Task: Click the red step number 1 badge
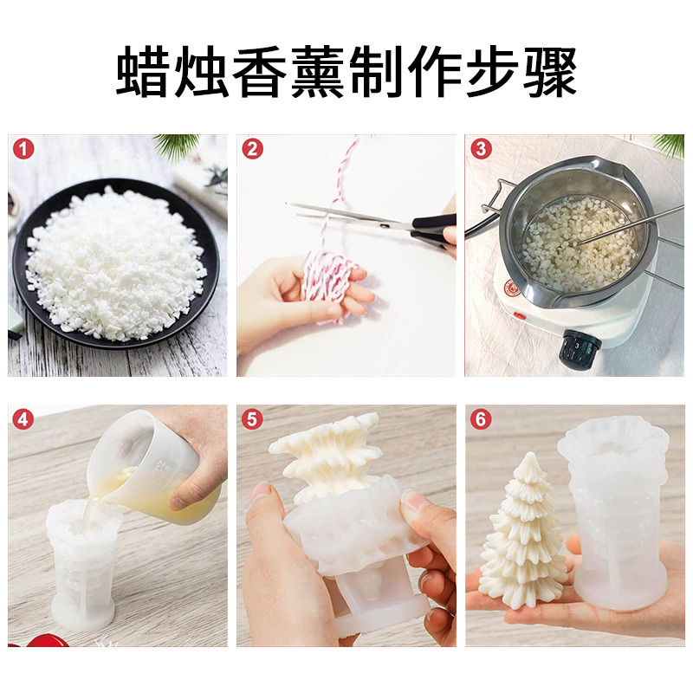pos(24,149)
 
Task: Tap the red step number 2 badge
pos(253,149)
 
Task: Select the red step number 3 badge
pos(481,149)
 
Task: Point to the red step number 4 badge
pos(24,420)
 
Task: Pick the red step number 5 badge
pos(253,420)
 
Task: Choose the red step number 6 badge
pos(481,420)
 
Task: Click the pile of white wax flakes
pos(117,251)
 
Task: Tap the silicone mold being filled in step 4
pos(82,563)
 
